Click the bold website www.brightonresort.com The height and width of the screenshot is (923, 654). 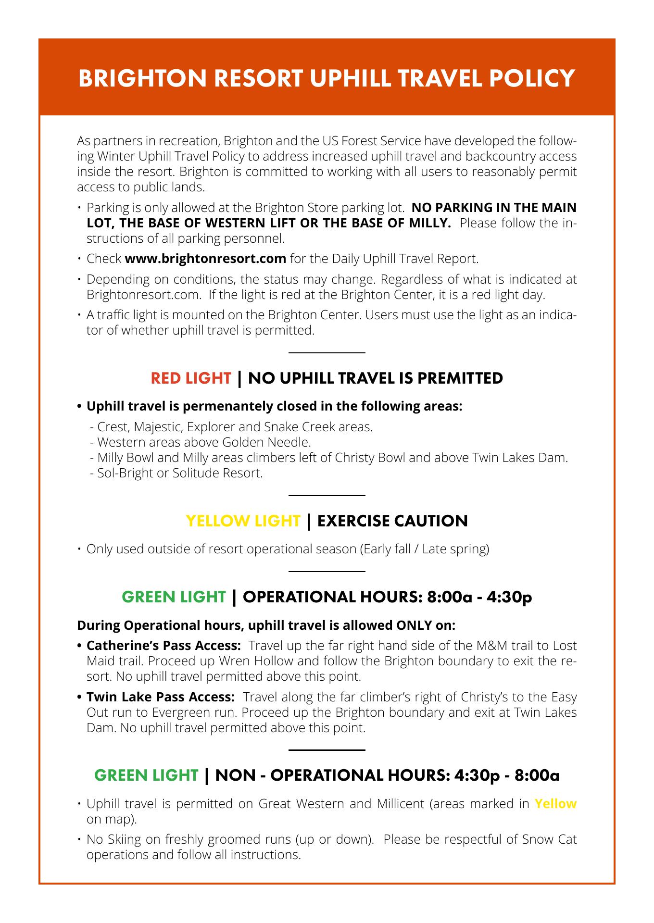coord(205,259)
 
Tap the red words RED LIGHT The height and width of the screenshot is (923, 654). coord(191,378)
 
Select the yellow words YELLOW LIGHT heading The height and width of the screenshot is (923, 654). coord(243,521)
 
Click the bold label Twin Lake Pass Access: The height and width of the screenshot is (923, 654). coord(161,697)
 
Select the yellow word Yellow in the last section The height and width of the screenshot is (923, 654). coord(555,803)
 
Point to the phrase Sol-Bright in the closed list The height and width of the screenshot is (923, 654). coord(119,473)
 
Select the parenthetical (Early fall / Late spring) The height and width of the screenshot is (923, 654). coord(424,549)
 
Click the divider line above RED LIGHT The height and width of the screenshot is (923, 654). coord(327,353)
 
